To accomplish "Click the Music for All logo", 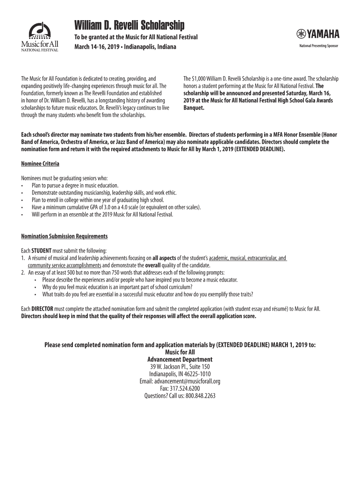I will pyautogui.click(x=39, y=38).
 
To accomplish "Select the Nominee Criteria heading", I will pyautogui.click(x=40, y=164).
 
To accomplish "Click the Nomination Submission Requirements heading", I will pyautogui.click(x=65, y=236).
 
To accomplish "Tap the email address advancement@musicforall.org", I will pyautogui.click(x=180, y=381).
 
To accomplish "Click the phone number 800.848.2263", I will pyautogui.click(x=197, y=395).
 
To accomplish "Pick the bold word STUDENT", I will pyautogui.click(x=41, y=251).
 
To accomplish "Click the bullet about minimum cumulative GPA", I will pyautogui.click(x=116, y=207).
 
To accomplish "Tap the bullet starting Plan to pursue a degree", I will pyautogui.click(x=75, y=186).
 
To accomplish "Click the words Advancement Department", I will pyautogui.click(x=180, y=360).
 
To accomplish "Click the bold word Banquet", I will pyautogui.click(x=194, y=108).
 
